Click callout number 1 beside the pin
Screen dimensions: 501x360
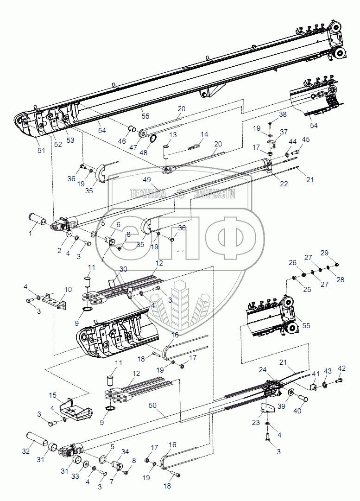click(x=32, y=234)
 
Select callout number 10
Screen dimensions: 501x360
click(x=68, y=290)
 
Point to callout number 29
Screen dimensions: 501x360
click(x=324, y=253)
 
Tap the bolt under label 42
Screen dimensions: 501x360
click(x=338, y=381)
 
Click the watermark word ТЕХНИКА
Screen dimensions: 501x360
click(x=147, y=194)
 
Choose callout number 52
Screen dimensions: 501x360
click(x=58, y=144)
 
